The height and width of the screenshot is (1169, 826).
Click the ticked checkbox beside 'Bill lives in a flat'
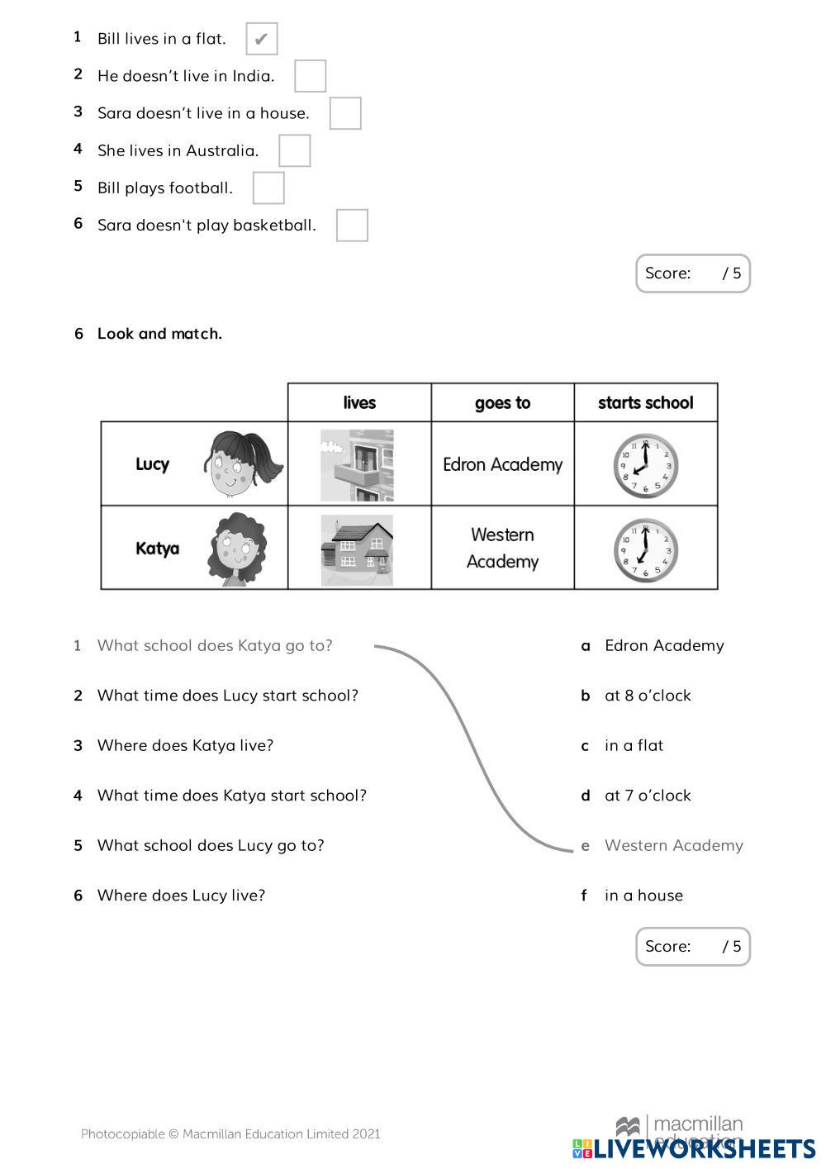coord(261,39)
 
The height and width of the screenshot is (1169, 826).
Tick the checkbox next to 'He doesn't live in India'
coord(310,76)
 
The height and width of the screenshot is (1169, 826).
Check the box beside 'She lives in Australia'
coord(294,150)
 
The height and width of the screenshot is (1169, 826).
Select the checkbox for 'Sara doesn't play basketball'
coord(352,225)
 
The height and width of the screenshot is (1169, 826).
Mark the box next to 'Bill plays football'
coord(268,188)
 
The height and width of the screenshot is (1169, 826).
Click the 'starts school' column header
coord(645,402)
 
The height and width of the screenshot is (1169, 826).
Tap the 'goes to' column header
coord(502,402)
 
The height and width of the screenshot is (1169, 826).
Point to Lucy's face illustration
coord(242,463)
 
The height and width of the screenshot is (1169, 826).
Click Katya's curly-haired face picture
coord(238,548)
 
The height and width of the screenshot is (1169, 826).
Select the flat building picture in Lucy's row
coord(357,464)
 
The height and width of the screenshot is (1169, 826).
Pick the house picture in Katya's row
coord(357,549)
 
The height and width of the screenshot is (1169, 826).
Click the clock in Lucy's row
coord(645,466)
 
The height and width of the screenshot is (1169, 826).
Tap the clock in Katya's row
coord(645,549)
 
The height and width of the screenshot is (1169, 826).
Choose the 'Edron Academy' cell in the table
coord(502,464)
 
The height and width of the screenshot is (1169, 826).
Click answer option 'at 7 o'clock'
coord(647,796)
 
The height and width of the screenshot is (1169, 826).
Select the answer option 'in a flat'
coord(634,745)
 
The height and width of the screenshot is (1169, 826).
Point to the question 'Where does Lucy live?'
coord(181,896)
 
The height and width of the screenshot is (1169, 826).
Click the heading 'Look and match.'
coord(159,334)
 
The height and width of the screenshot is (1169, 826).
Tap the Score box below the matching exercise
coord(692,946)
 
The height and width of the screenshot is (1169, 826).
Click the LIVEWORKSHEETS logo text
coord(704,1149)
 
